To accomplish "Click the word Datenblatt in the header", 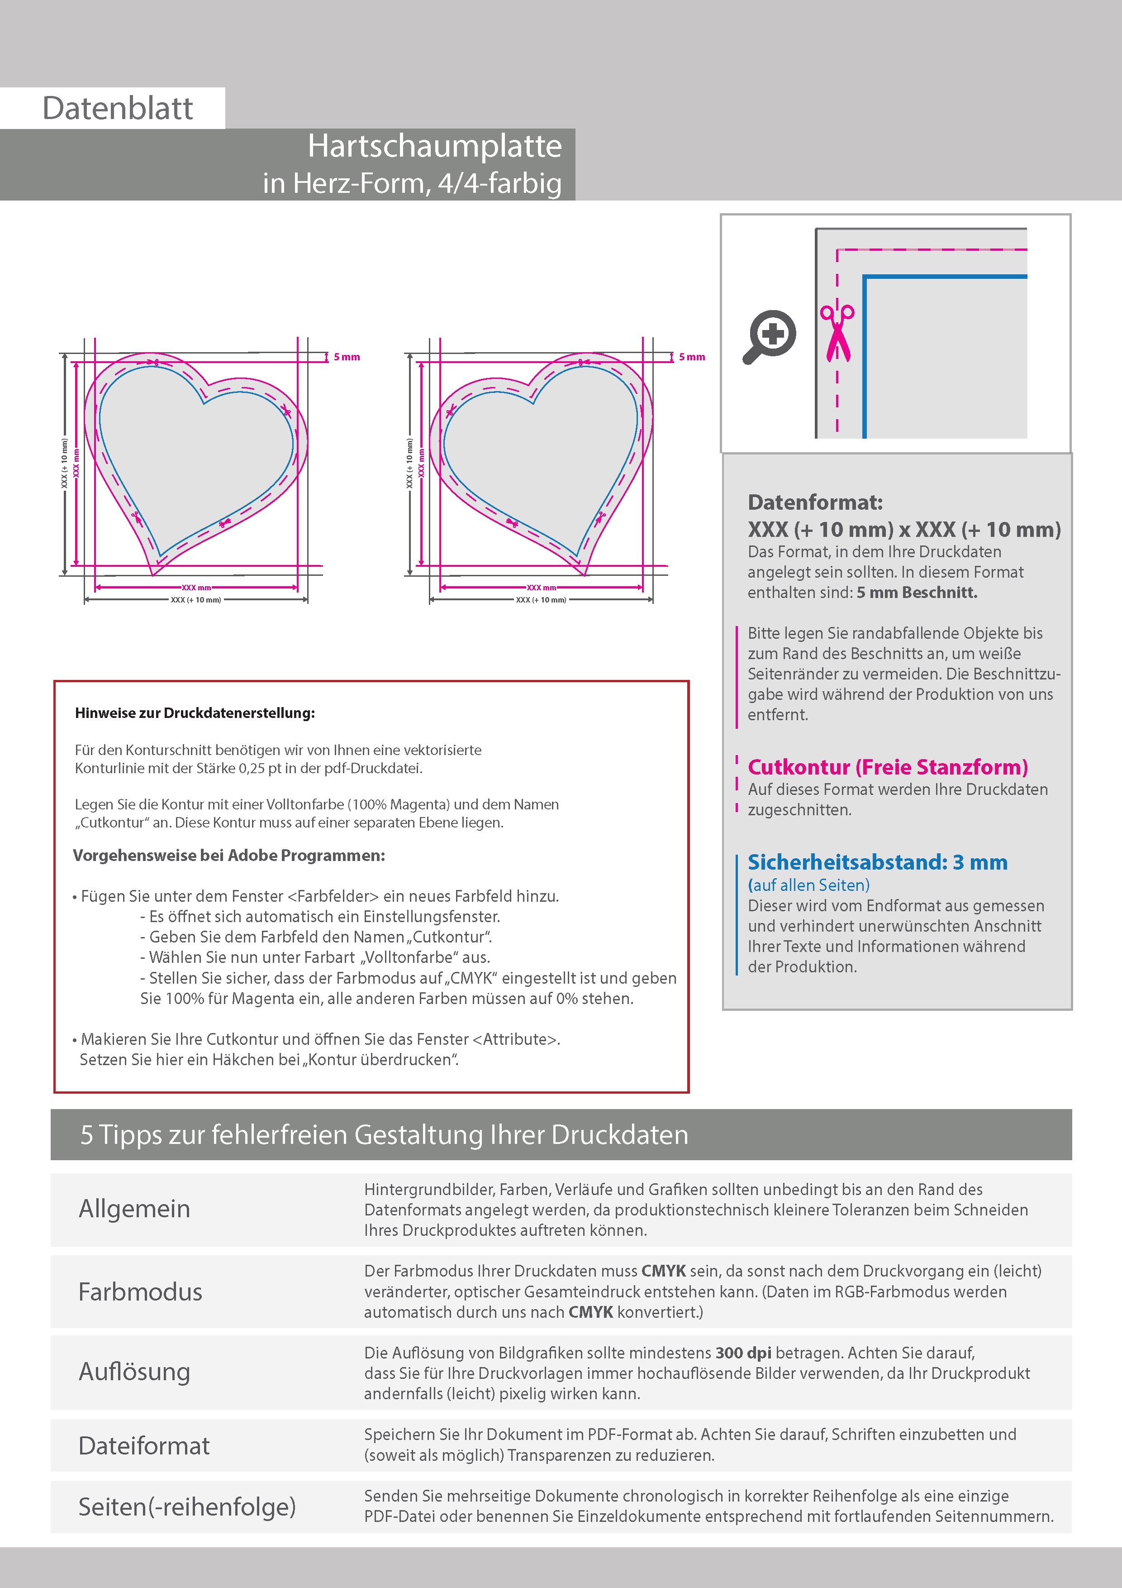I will point(118,109).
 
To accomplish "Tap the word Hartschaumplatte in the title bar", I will point(434,146).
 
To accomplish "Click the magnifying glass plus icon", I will point(771,335).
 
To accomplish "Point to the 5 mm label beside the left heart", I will point(347,357).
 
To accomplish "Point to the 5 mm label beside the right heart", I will point(691,357).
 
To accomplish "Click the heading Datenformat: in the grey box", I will point(815,502).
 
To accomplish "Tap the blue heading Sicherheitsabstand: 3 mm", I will point(877,862).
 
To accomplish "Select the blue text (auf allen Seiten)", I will point(808,885).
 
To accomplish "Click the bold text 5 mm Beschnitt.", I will point(917,593).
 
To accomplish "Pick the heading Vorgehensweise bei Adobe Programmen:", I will point(229,856).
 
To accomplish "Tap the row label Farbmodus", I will point(140,1291).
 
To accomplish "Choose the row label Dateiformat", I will point(144,1445).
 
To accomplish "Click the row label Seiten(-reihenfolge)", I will point(187,1507).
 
